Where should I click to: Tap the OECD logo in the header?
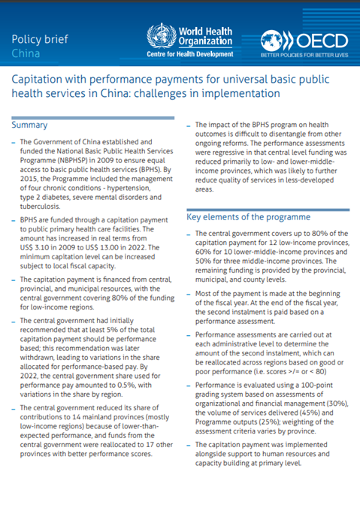click(304, 40)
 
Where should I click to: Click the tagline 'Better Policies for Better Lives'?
click(304, 56)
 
